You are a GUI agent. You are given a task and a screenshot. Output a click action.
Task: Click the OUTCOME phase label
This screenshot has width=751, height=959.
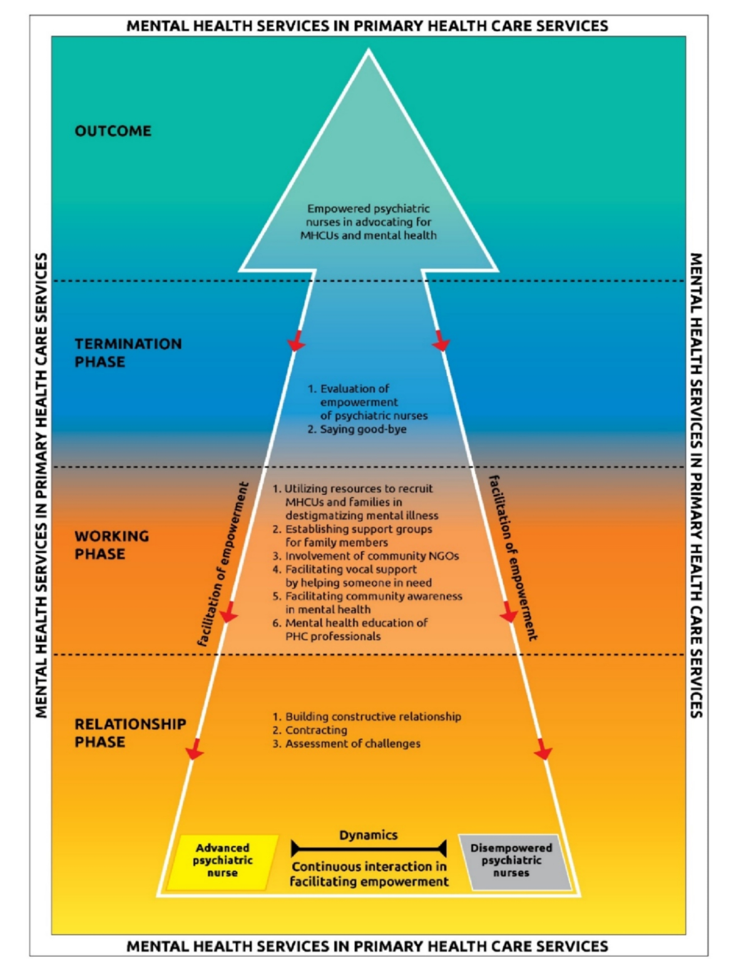point(113,131)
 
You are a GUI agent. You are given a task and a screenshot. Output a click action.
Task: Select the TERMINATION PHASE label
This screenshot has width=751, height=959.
point(128,353)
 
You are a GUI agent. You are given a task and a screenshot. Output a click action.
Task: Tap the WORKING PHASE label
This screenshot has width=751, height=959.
point(111,545)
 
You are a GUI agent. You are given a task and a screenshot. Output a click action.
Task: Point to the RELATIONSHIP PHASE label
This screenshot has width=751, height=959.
point(130,733)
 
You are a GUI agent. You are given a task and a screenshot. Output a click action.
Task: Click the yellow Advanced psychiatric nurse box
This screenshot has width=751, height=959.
point(222,861)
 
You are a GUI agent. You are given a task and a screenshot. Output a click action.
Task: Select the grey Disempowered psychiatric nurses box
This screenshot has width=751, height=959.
point(511,861)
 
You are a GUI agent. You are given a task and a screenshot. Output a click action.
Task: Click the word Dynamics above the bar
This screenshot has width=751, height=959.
point(368,835)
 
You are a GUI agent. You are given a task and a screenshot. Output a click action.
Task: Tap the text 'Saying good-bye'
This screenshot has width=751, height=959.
point(363,429)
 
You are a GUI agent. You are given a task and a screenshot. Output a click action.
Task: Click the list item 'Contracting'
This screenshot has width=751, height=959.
point(316,730)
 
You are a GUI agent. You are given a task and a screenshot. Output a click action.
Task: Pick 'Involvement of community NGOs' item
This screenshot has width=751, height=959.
point(372,556)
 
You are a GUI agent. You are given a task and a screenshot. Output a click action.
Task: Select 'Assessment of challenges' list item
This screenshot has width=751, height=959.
point(352,744)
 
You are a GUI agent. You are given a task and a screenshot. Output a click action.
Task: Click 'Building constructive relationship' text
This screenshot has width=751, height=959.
point(373,717)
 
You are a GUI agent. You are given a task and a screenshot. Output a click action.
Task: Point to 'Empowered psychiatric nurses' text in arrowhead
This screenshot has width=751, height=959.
point(368,221)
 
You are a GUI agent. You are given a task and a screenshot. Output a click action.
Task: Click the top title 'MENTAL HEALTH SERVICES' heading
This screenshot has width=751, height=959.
point(367,26)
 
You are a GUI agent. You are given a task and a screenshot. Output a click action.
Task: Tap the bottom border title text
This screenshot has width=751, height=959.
point(367,946)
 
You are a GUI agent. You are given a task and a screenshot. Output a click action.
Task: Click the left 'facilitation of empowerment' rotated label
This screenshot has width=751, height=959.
point(223,563)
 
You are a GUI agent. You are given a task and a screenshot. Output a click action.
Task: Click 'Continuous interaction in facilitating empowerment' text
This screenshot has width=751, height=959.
point(369,874)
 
